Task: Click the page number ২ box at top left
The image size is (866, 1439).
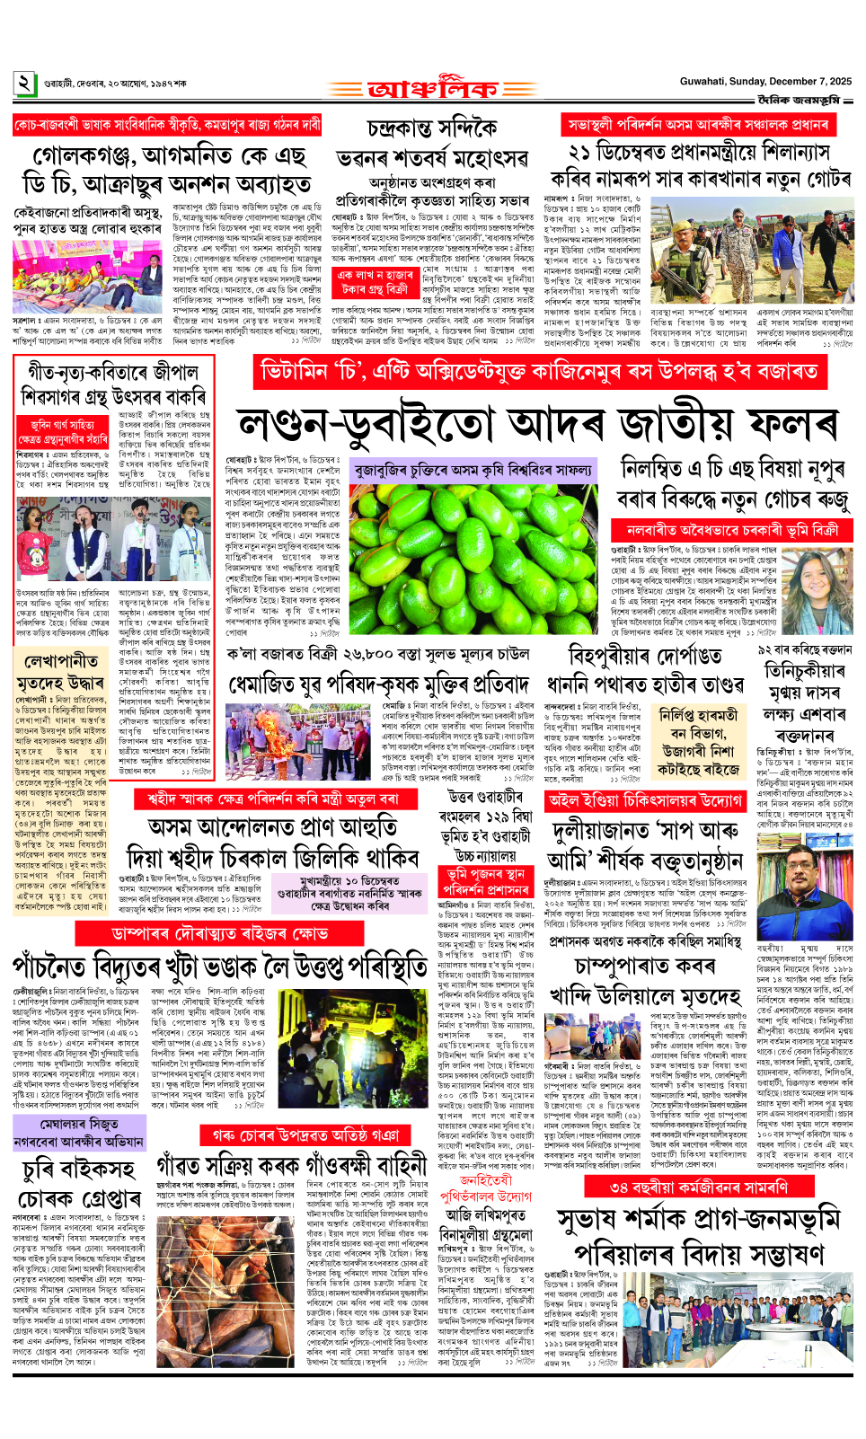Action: (24, 84)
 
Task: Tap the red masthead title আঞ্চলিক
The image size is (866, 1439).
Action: (432, 90)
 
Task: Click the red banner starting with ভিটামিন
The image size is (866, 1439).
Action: (539, 370)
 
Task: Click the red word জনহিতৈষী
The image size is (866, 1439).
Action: (486, 1179)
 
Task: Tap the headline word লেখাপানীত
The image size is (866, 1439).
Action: (62, 660)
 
